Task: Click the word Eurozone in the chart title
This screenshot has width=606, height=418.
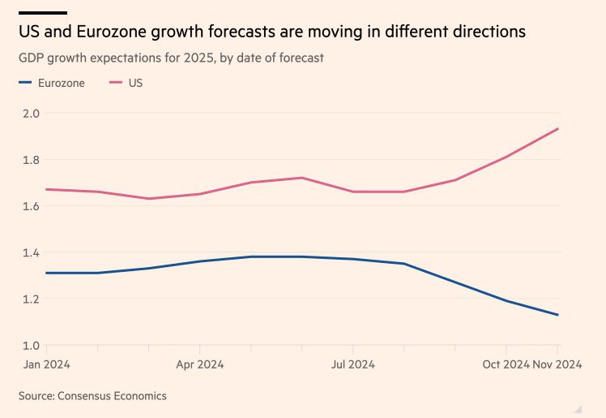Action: tap(95, 32)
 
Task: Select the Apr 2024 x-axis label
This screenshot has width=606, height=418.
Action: tap(199, 364)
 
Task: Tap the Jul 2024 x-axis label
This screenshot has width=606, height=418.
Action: tap(352, 364)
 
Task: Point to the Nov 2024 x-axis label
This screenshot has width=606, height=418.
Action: tap(557, 364)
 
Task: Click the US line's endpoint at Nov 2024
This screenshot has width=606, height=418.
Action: tap(558, 128)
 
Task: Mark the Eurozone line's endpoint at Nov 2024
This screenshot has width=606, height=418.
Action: tap(558, 315)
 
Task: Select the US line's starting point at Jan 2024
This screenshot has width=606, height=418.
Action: tap(45, 189)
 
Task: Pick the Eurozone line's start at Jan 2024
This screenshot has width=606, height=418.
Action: tap(45, 273)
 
